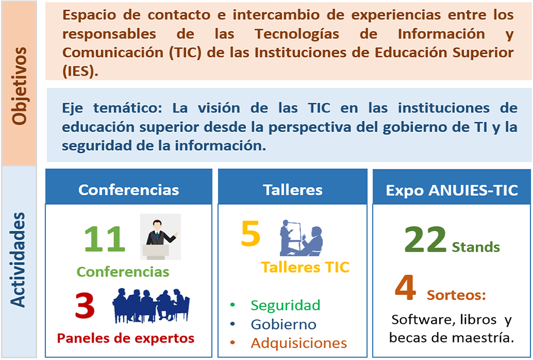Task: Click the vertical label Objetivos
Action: click(x=20, y=86)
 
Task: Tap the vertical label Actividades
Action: click(x=18, y=260)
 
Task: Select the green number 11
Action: click(x=105, y=239)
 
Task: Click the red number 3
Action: click(x=85, y=306)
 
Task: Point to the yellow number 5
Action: click(x=251, y=233)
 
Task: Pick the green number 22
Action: click(x=425, y=239)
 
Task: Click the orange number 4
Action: click(x=406, y=287)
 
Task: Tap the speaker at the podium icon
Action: click(x=160, y=236)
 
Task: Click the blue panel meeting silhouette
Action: click(x=151, y=306)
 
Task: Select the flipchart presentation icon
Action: click(x=301, y=238)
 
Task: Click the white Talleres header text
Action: click(x=293, y=190)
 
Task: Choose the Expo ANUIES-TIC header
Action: click(x=452, y=190)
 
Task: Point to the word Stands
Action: click(x=476, y=247)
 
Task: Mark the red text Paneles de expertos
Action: click(x=126, y=339)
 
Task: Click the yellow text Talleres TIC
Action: click(x=305, y=267)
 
